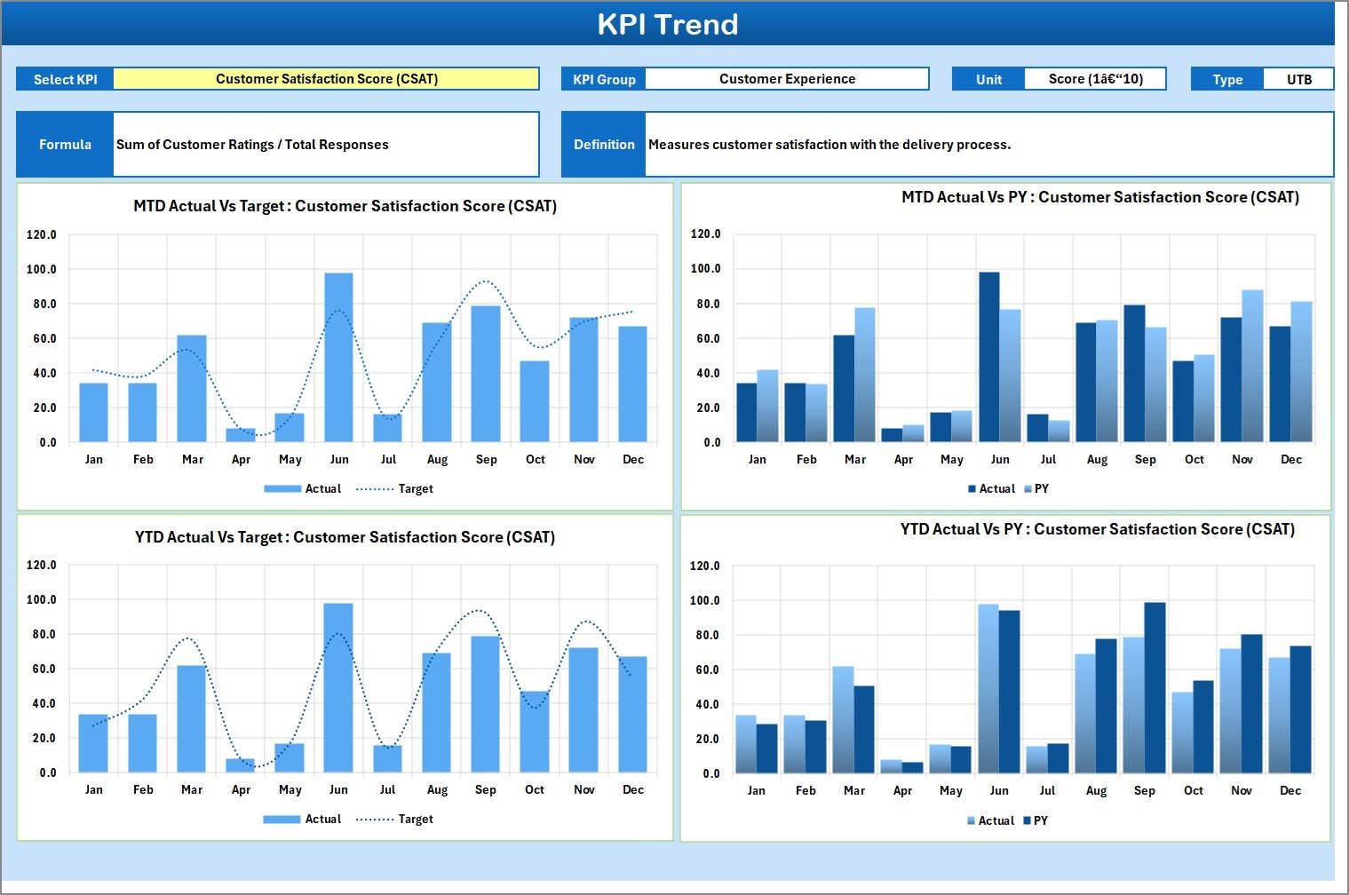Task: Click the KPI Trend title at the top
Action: point(667,24)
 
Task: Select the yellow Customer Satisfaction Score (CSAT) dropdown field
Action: point(326,79)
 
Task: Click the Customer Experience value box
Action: point(787,79)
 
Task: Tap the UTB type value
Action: point(1298,79)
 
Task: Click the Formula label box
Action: point(65,145)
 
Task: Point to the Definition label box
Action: point(604,145)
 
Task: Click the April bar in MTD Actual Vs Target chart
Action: point(241,435)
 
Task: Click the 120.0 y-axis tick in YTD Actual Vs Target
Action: point(42,566)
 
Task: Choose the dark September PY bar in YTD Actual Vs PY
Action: point(1155,688)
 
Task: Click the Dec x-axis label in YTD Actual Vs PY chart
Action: point(1289,791)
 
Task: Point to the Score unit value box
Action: point(1094,79)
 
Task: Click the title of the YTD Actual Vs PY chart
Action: point(1097,530)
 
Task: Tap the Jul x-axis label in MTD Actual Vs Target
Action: point(388,460)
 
